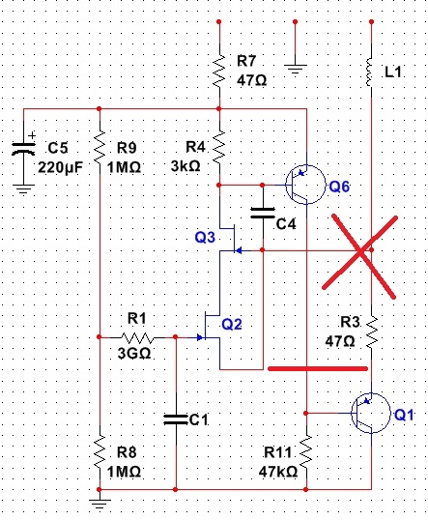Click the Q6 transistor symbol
pyautogui.click(x=305, y=185)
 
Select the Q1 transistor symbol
pyautogui.click(x=371, y=414)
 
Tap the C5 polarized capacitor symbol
pyautogui.click(x=23, y=149)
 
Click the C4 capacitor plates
pyautogui.click(x=263, y=213)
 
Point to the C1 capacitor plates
pyautogui.click(x=176, y=419)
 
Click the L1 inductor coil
pyautogui.click(x=370, y=72)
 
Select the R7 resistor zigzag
pyautogui.click(x=219, y=72)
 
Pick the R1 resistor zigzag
pyautogui.click(x=137, y=338)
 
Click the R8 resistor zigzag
pyautogui.click(x=100, y=452)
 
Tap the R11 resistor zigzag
pyautogui.click(x=306, y=452)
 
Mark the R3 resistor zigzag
pyautogui.click(x=372, y=332)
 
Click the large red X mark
pyautogui.click(x=360, y=252)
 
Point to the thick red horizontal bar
pyautogui.click(x=318, y=368)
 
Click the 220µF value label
pyautogui.click(x=60, y=167)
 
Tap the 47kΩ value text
pyautogui.click(x=278, y=472)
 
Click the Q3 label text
pyautogui.click(x=205, y=237)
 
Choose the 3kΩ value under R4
pyautogui.click(x=185, y=166)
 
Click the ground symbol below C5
pyautogui.click(x=23, y=189)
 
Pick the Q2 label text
pyautogui.click(x=232, y=324)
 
